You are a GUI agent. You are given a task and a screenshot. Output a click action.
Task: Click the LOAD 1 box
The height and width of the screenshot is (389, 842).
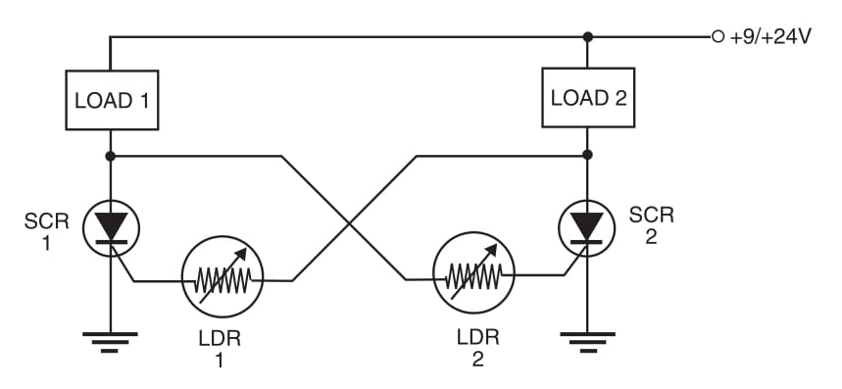[110, 100]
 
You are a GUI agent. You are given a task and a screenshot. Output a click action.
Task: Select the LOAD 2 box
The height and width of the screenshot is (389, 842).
[587, 99]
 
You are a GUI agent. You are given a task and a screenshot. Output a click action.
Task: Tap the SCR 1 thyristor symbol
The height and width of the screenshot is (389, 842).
[110, 227]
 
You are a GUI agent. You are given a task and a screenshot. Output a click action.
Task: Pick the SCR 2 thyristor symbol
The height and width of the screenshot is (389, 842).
[587, 227]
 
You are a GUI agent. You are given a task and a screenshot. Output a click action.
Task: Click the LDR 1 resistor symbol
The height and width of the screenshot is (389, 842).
[222, 280]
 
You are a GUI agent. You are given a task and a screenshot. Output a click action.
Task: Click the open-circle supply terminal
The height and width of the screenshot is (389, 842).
[718, 37]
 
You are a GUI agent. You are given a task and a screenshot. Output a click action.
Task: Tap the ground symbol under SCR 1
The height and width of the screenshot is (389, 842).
[110, 341]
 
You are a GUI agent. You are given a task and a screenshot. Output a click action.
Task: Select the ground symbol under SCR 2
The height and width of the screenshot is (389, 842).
[587, 341]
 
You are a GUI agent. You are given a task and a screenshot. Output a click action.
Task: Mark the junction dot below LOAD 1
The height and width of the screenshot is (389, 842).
[110, 156]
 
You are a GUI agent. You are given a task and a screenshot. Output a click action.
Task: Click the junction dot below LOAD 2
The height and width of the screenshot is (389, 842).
[587, 156]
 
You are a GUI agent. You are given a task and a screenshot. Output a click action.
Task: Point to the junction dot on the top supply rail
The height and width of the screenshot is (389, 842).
[587, 37]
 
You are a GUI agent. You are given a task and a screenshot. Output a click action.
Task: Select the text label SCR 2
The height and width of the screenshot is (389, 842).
[651, 225]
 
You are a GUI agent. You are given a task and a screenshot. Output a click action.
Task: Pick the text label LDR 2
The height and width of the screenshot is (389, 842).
[477, 348]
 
